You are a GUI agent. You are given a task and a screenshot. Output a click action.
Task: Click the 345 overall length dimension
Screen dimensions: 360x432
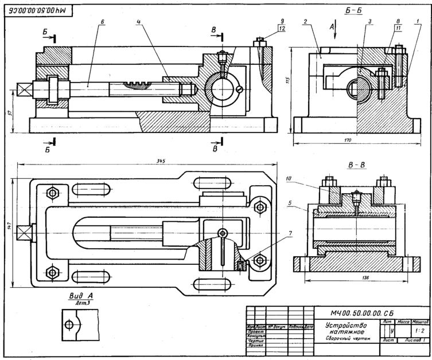click(161, 161)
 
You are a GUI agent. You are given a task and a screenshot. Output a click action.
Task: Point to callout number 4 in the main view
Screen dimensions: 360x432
click(139, 21)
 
